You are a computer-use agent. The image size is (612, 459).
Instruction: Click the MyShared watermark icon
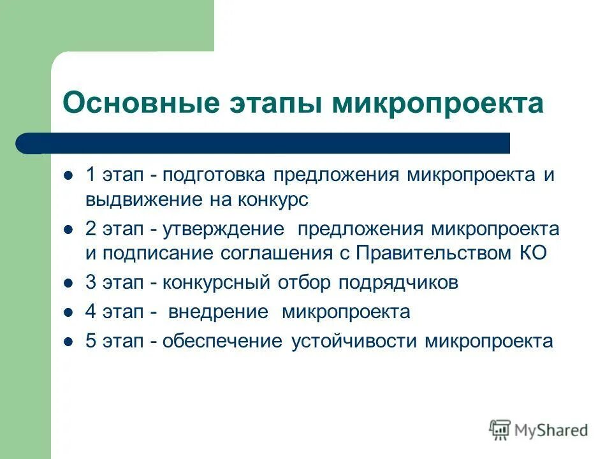(x=500, y=430)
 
